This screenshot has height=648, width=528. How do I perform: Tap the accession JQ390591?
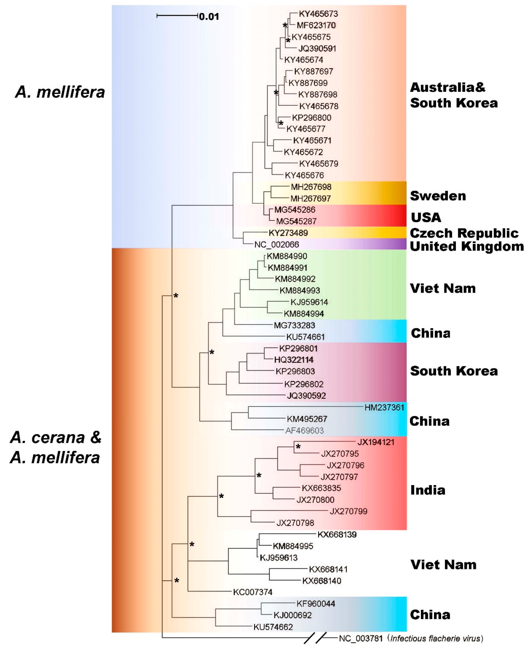click(x=317, y=48)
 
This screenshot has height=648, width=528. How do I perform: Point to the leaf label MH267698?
click(x=311, y=187)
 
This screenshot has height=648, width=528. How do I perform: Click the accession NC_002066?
click(x=277, y=244)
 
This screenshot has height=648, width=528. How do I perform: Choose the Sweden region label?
click(x=438, y=196)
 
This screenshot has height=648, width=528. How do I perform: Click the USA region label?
click(x=426, y=217)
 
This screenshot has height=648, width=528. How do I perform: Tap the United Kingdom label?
click(x=467, y=246)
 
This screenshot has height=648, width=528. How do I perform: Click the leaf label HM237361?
click(x=384, y=407)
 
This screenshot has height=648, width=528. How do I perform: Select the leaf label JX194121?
click(x=376, y=442)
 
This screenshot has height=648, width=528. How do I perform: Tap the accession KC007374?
click(x=252, y=592)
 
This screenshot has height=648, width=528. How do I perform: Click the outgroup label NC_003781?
click(x=360, y=638)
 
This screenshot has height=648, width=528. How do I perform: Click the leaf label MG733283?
click(x=294, y=325)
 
